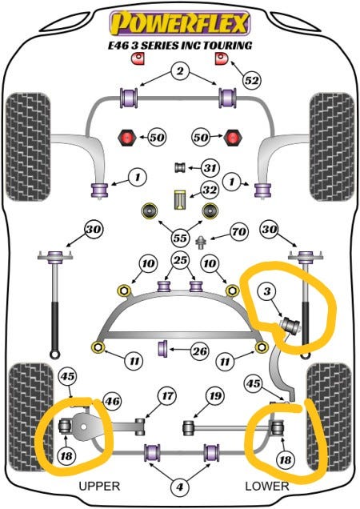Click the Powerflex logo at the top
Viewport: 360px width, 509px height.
tap(179, 23)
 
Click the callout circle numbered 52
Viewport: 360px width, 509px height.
tap(251, 80)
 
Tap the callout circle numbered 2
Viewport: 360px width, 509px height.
tap(179, 70)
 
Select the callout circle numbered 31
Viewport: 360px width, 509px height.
tap(210, 168)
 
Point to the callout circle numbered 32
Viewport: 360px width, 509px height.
tap(209, 190)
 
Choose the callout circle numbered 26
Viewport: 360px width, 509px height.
tap(200, 351)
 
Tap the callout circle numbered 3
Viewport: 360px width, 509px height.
tap(266, 291)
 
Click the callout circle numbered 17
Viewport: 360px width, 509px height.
tap(167, 396)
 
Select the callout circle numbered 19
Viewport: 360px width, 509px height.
tap(215, 395)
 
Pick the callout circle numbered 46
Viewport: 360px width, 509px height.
tap(112, 402)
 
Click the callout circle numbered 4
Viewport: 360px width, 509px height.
tap(179, 487)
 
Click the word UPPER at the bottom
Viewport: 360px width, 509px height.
tap(99, 486)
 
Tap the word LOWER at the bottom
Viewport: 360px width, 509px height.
tap(267, 486)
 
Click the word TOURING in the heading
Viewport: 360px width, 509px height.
tap(227, 46)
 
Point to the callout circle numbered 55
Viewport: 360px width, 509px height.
tap(180, 238)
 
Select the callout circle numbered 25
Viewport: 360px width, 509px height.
tap(181, 260)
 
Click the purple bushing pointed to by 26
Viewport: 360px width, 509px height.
tap(163, 348)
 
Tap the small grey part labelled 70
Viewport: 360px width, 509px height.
tap(202, 242)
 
